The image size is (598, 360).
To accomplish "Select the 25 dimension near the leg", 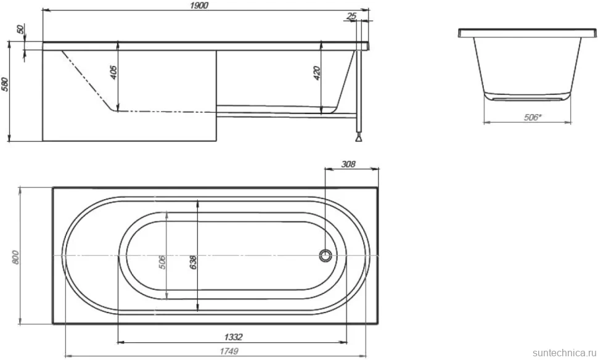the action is pyautogui.click(x=351, y=15).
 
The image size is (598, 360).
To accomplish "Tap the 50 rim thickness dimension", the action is pyautogui.click(x=20, y=29).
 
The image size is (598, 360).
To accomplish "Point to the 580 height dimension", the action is pyautogui.click(x=5, y=84).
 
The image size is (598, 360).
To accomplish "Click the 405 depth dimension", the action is pyautogui.click(x=113, y=73).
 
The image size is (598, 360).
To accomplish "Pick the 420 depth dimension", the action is pyautogui.click(x=317, y=73).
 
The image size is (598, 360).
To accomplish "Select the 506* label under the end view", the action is pyautogui.click(x=533, y=118).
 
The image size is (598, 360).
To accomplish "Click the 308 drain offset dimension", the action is pyautogui.click(x=348, y=164).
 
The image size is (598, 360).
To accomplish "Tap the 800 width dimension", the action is pyautogui.click(x=15, y=257).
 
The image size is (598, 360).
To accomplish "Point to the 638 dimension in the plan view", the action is pyautogui.click(x=193, y=263).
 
